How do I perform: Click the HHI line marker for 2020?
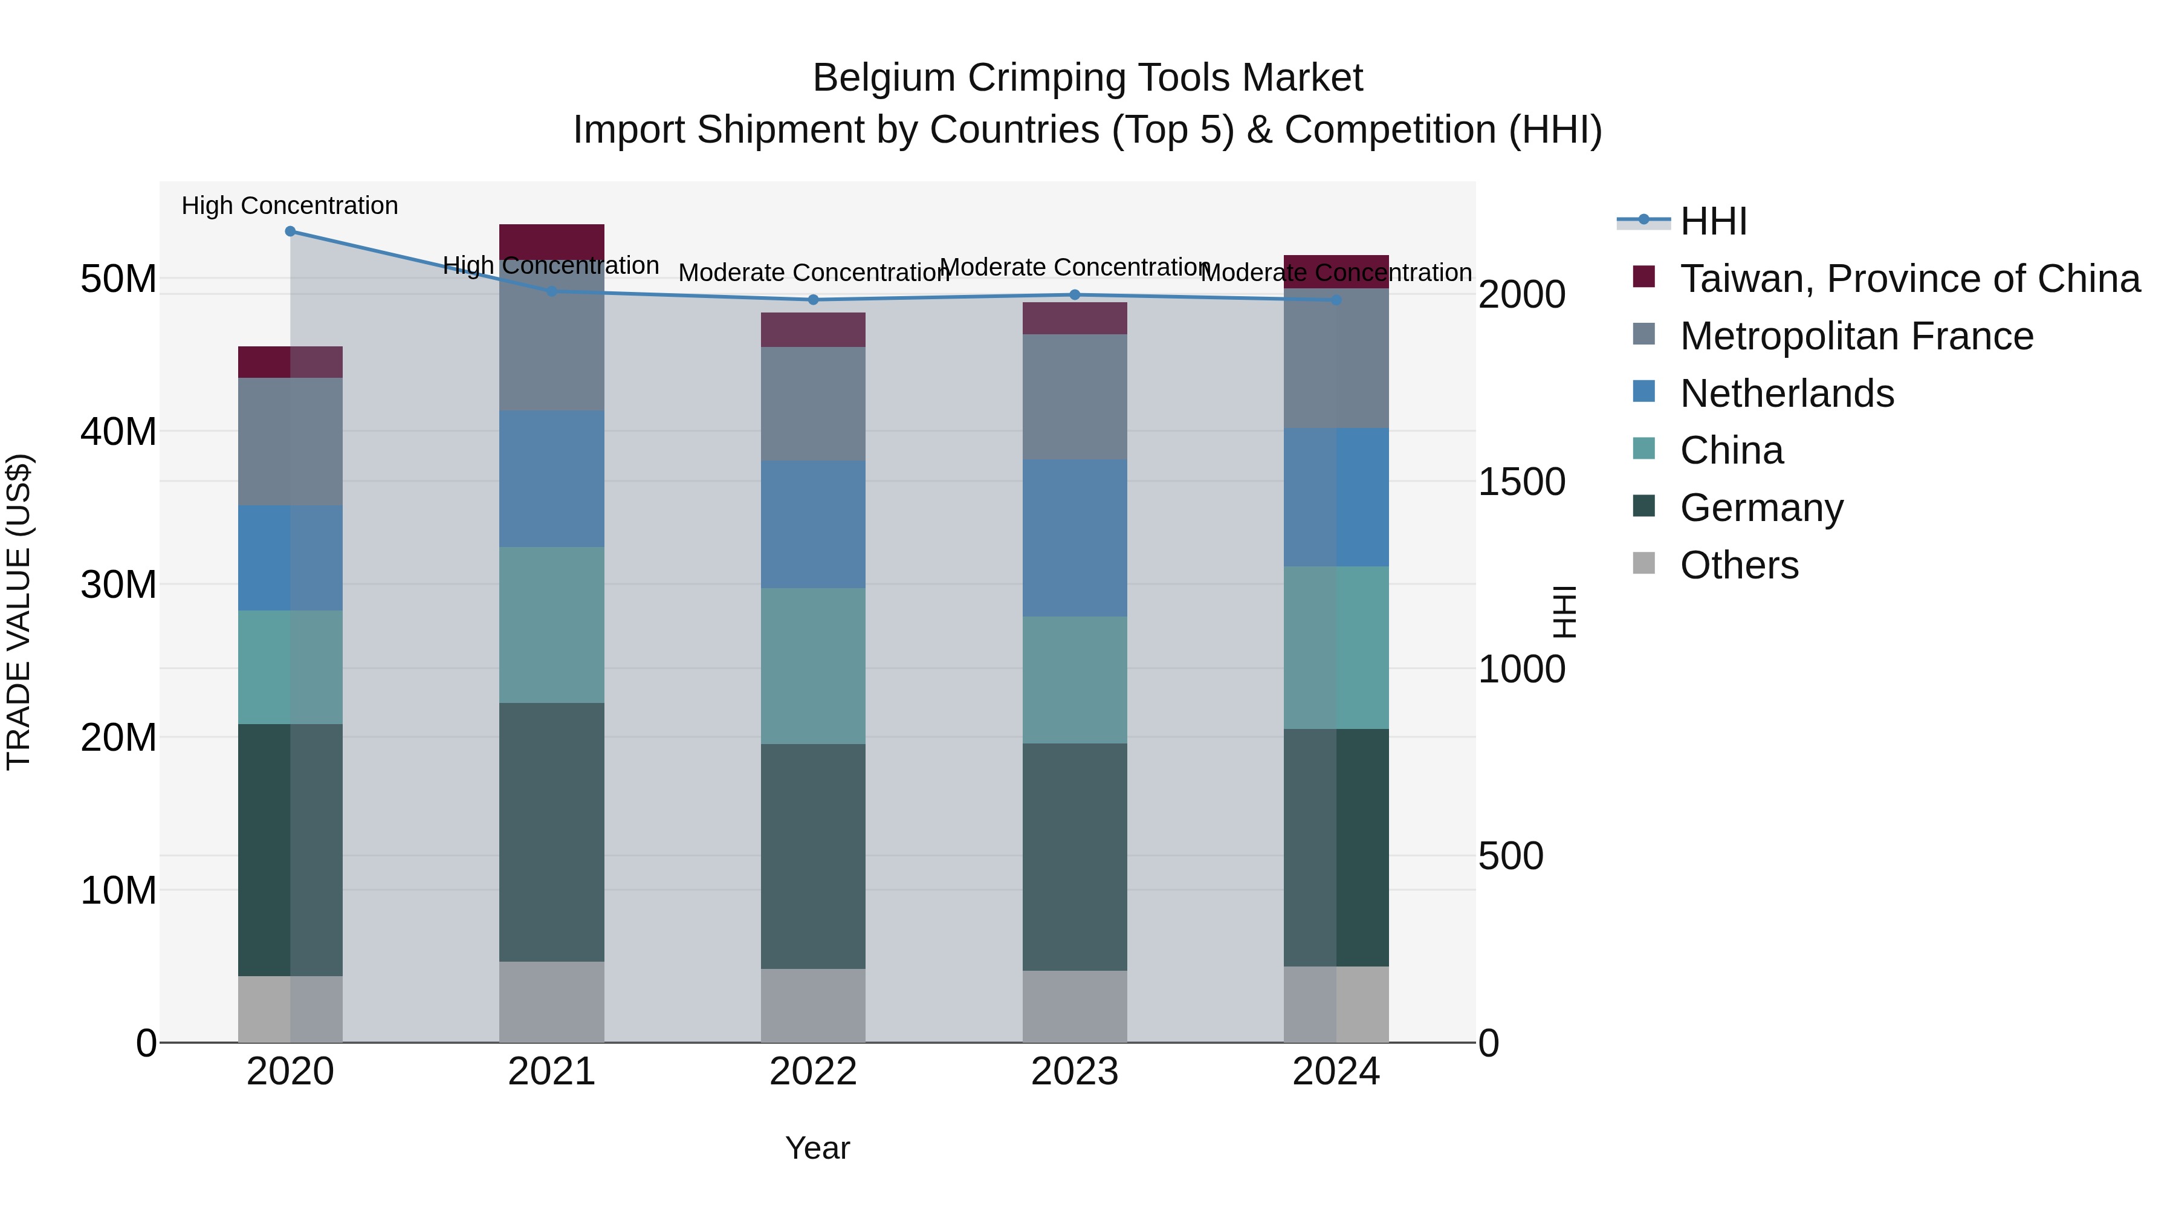click(x=290, y=231)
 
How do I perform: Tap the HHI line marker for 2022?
click(x=812, y=300)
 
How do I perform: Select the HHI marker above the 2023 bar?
click(x=1075, y=295)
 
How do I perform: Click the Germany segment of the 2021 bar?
click(x=552, y=832)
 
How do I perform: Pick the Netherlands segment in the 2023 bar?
click(x=1075, y=538)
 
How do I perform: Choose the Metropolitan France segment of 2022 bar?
click(x=812, y=404)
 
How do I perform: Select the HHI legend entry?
click(x=1713, y=221)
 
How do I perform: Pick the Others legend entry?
click(x=1738, y=565)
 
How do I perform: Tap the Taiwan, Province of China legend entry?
click(x=1909, y=279)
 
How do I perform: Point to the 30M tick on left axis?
click(x=118, y=584)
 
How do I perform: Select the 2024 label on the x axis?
click(x=1335, y=1072)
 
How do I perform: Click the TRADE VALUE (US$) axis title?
click(x=19, y=612)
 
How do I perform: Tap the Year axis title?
click(x=817, y=1148)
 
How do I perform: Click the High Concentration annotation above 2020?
click(x=290, y=206)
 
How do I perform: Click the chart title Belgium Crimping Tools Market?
click(x=1087, y=78)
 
